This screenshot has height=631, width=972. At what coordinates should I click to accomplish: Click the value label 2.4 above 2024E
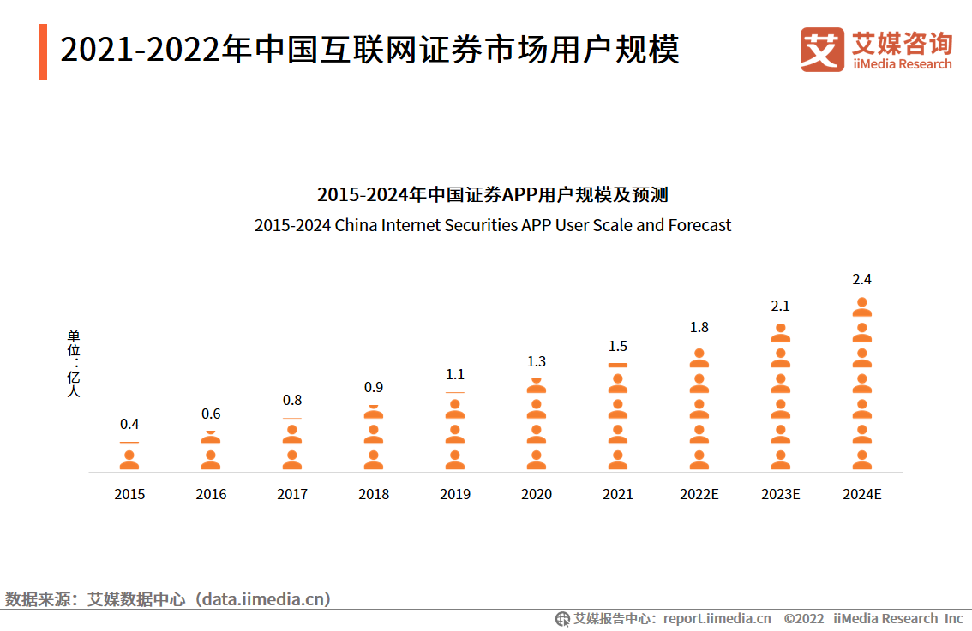pyautogui.click(x=861, y=279)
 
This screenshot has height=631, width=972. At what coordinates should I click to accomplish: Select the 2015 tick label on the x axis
pyautogui.click(x=129, y=494)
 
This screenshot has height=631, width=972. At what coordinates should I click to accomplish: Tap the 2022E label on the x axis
pyautogui.click(x=699, y=494)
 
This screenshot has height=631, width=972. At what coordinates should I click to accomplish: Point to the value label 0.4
pyautogui.click(x=129, y=424)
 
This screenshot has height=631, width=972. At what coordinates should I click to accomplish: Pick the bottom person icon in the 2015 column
pyautogui.click(x=129, y=461)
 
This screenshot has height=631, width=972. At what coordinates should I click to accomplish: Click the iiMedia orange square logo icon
pyautogui.click(x=822, y=50)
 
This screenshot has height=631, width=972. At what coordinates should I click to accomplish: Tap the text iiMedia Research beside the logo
pyautogui.click(x=902, y=64)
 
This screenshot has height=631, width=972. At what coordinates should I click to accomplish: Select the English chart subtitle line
pyautogui.click(x=493, y=226)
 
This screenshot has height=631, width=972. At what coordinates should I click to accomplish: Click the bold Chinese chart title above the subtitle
pyautogui.click(x=493, y=194)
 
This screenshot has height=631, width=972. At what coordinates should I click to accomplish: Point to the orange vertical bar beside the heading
pyautogui.click(x=43, y=51)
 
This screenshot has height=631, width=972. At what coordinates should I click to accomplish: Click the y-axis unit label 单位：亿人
pyautogui.click(x=74, y=363)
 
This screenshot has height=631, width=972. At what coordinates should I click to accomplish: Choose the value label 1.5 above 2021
pyautogui.click(x=617, y=346)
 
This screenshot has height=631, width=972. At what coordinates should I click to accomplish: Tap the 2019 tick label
pyautogui.click(x=455, y=494)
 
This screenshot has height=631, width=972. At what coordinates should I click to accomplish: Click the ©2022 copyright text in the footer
pyautogui.click(x=803, y=618)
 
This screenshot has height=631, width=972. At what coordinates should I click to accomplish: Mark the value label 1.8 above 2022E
pyautogui.click(x=699, y=327)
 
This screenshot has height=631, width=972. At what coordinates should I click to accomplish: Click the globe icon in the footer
pyautogui.click(x=562, y=618)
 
